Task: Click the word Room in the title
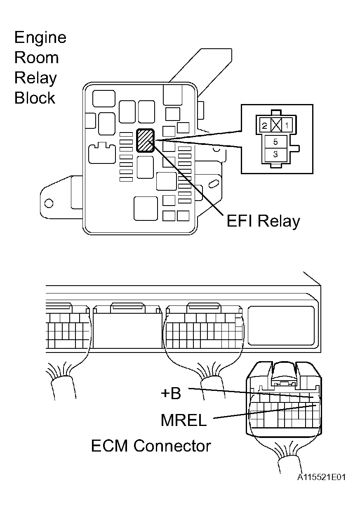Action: [x=36, y=57]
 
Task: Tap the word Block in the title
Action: [x=35, y=98]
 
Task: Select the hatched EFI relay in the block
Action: [x=146, y=140]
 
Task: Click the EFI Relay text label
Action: [x=263, y=221]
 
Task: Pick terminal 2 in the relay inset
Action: [x=264, y=125]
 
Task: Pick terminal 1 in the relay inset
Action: [x=287, y=125]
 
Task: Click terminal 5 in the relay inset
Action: [x=275, y=142]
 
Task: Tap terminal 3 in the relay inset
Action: [x=275, y=154]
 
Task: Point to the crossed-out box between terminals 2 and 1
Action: [x=276, y=125]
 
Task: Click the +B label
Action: [x=171, y=393]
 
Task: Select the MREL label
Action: [x=184, y=420]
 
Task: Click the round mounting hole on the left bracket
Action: [x=49, y=203]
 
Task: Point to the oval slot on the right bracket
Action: [x=214, y=183]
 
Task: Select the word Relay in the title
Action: [x=35, y=78]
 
